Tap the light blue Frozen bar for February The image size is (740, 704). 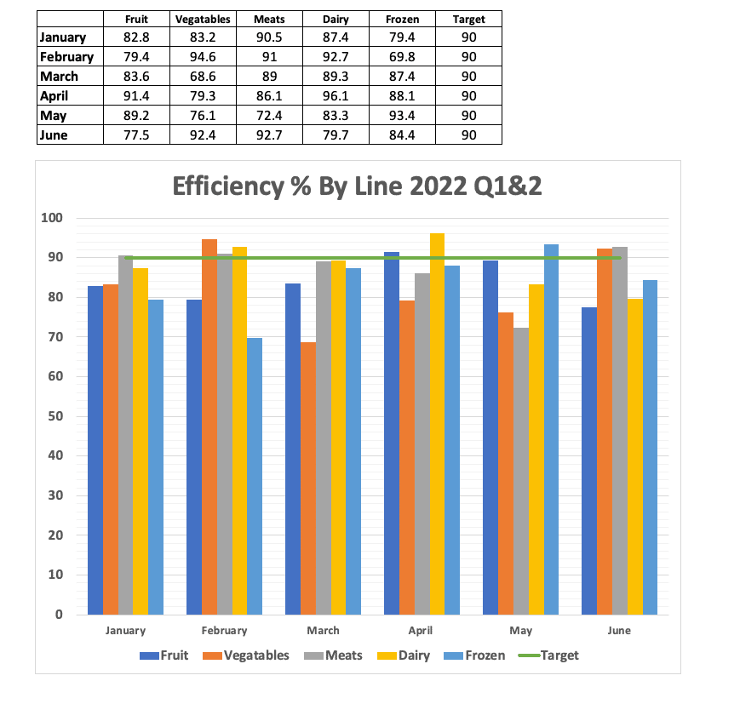point(255,476)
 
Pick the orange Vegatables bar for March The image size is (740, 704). point(307,478)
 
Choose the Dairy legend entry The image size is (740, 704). point(405,655)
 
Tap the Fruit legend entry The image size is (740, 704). point(163,655)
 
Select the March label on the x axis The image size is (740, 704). point(323,631)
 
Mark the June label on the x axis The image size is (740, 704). point(619,631)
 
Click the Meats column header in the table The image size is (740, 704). point(268,19)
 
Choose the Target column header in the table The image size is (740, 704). point(468,19)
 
